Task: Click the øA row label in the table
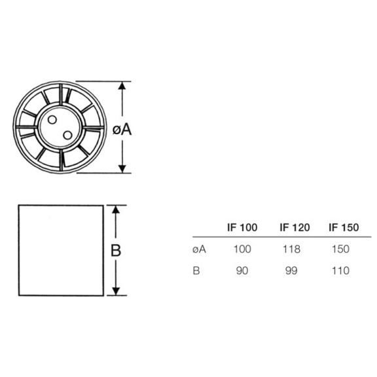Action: [x=200, y=249]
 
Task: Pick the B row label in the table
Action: [x=196, y=270]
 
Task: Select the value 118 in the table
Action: [x=293, y=249]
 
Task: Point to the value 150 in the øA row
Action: [x=341, y=249]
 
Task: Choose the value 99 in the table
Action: [x=293, y=270]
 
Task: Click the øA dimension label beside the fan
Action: [x=122, y=130]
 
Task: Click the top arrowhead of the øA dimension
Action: [x=121, y=86]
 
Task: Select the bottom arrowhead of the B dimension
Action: [x=116, y=293]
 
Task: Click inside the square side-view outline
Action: [x=60, y=251]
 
